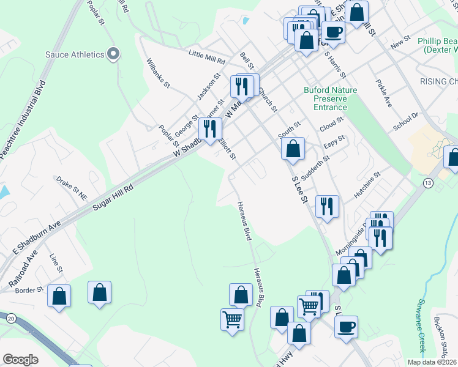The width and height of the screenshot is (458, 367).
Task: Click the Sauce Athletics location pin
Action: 113,55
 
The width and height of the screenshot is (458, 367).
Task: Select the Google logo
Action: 20,360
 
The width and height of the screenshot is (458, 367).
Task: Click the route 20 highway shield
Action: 11,318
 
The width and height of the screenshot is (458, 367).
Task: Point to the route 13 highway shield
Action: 427,183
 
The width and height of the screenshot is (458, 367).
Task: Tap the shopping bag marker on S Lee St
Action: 293,149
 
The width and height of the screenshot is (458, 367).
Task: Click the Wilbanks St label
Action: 158,73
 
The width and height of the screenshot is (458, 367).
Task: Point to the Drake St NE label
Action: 72,184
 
